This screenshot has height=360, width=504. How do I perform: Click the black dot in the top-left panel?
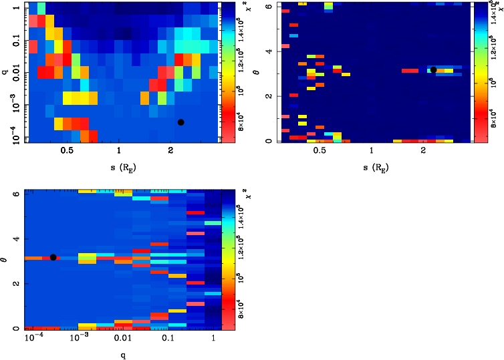pos(180,122)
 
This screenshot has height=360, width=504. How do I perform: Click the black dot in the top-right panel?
pos(433,69)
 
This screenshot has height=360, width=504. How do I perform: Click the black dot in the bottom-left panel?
pos(53,257)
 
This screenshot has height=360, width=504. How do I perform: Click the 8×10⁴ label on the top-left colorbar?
pos(243,126)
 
